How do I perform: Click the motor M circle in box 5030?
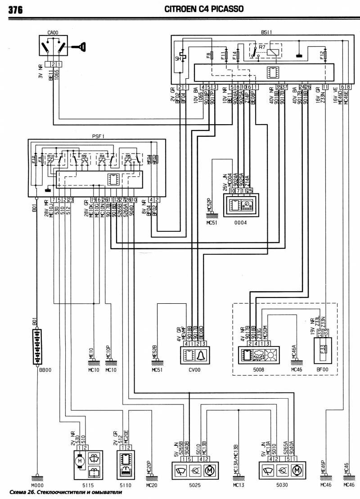296,471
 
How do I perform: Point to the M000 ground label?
36,486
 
